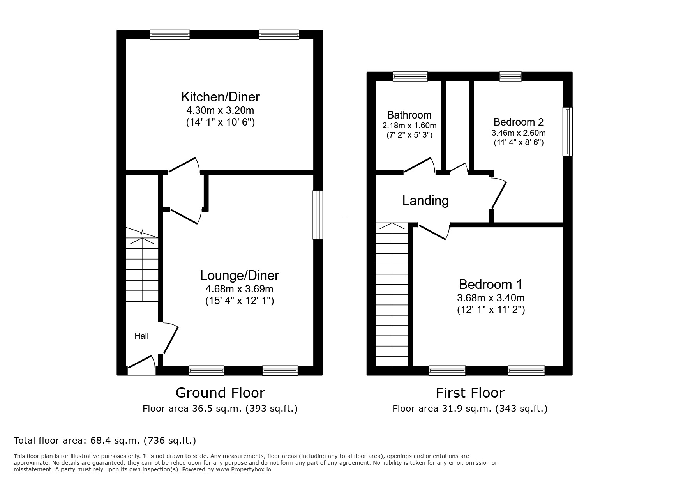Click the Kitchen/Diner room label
click(x=220, y=97)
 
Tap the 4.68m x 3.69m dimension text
click(x=239, y=289)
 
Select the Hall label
click(x=141, y=336)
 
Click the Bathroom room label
click(x=409, y=115)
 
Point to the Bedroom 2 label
click(x=518, y=122)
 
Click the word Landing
click(x=425, y=201)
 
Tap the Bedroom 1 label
click(x=491, y=284)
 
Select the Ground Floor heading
click(x=220, y=393)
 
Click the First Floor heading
click(x=470, y=393)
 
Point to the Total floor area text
click(x=105, y=441)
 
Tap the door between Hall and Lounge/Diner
click(x=171, y=338)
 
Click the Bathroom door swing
click(x=419, y=165)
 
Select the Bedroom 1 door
click(x=433, y=232)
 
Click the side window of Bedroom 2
click(x=568, y=131)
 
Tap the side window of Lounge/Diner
click(x=318, y=214)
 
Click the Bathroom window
click(x=410, y=76)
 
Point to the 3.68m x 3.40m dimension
click(x=491, y=298)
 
